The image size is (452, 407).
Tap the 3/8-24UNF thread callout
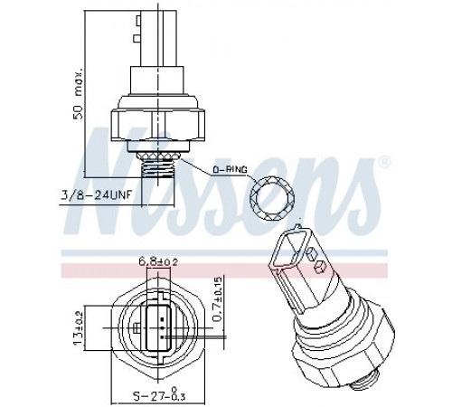point(97,195)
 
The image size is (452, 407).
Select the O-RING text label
point(230,170)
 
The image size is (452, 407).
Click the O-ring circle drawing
point(272,199)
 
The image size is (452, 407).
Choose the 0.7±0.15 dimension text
point(218,298)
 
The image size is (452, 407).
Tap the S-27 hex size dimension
point(159,395)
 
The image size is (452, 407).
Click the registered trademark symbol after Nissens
point(383,162)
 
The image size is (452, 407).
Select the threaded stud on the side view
point(157,171)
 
